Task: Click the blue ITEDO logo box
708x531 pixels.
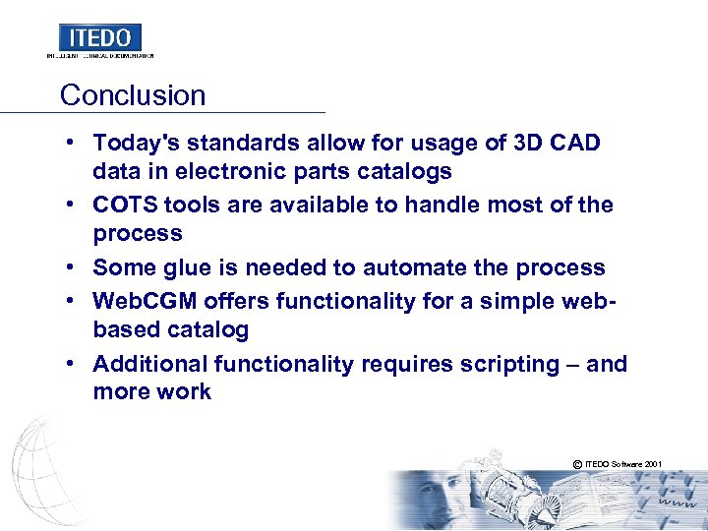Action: pyautogui.click(x=100, y=37)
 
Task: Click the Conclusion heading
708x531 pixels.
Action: pyautogui.click(x=133, y=95)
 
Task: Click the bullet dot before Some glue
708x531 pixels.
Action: pyautogui.click(x=73, y=267)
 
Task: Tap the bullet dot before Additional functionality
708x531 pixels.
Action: pyautogui.click(x=73, y=364)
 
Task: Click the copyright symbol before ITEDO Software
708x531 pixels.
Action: pyautogui.click(x=575, y=463)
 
